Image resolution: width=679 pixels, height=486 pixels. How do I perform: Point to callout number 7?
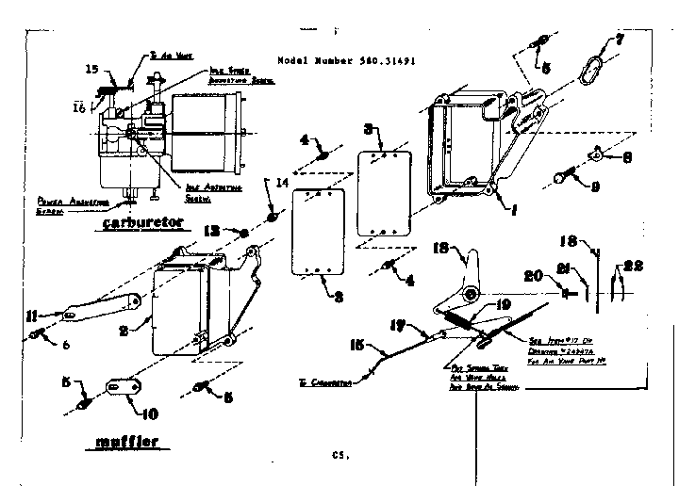pyautogui.click(x=619, y=40)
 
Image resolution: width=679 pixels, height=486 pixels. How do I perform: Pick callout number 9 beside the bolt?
pyautogui.click(x=621, y=186)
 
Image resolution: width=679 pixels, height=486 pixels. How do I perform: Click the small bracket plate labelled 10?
pyautogui.click(x=121, y=386)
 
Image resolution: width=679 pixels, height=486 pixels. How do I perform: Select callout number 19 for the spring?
pyautogui.click(x=503, y=304)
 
